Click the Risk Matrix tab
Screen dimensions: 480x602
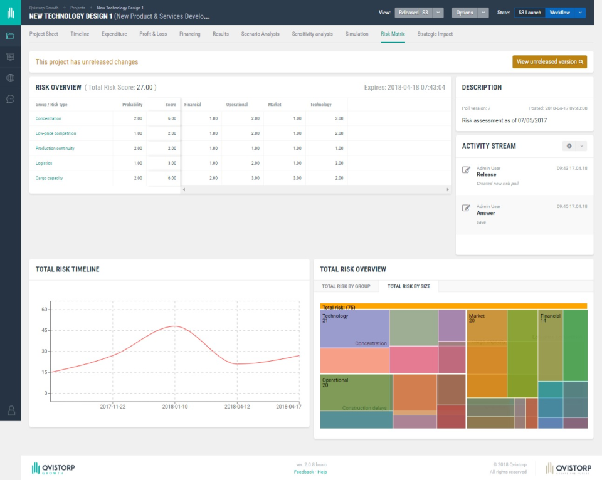pyautogui.click(x=393, y=34)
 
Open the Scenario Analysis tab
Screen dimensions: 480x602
pyautogui.click(x=260, y=34)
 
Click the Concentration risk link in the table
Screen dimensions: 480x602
pyautogui.click(x=48, y=118)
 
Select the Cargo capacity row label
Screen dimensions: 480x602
pyautogui.click(x=49, y=178)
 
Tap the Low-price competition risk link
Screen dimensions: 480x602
pyautogui.click(x=55, y=133)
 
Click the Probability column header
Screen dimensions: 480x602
pyautogui.click(x=132, y=105)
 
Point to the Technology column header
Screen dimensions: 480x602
pyautogui.click(x=320, y=105)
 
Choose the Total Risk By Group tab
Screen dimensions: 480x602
pyautogui.click(x=346, y=286)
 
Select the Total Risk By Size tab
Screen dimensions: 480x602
pyautogui.click(x=409, y=286)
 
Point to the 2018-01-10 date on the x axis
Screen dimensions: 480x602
pyautogui.click(x=175, y=406)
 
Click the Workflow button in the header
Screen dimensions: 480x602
pyautogui.click(x=560, y=13)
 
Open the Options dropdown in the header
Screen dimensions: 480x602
pyautogui.click(x=470, y=13)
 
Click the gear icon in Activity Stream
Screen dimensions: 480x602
pyautogui.click(x=569, y=146)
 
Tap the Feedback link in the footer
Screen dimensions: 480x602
pyautogui.click(x=304, y=472)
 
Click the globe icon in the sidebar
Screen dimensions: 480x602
pyautogui.click(x=10, y=78)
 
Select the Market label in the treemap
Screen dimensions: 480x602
pyautogui.click(x=477, y=316)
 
